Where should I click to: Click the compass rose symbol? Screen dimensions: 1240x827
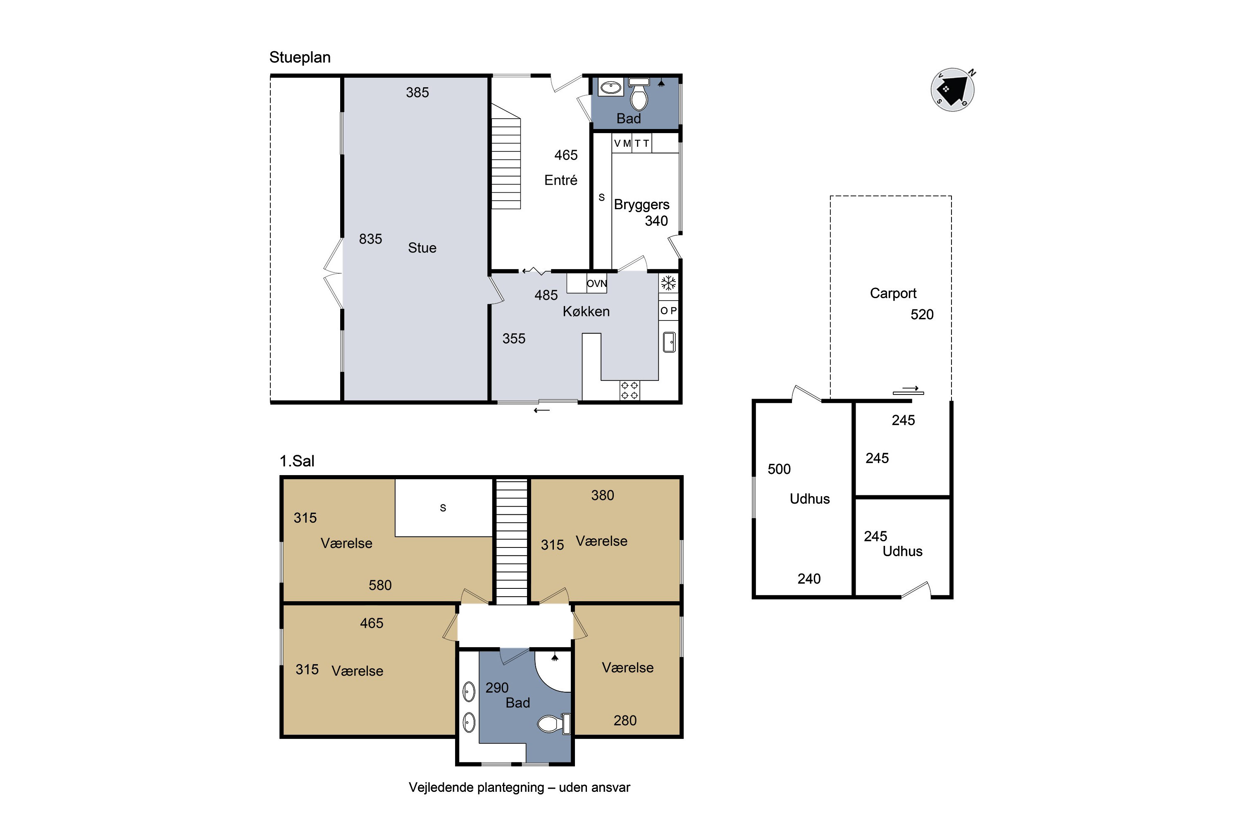(x=952, y=90)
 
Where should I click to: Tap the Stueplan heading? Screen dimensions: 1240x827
(x=300, y=57)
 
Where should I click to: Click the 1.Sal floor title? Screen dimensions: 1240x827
(x=297, y=461)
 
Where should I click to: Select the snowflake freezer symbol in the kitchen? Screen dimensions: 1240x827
(x=668, y=283)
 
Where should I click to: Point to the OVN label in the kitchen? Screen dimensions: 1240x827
(x=597, y=283)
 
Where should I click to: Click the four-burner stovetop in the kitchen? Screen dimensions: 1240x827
(x=630, y=390)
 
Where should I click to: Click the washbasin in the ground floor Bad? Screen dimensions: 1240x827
(x=611, y=86)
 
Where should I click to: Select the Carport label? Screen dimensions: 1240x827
(x=893, y=293)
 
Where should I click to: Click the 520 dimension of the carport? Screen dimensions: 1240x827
(x=922, y=314)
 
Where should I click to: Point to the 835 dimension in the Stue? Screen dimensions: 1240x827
(x=371, y=239)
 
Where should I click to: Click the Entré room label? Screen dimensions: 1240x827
(x=561, y=180)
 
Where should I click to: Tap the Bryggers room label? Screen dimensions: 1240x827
(x=641, y=205)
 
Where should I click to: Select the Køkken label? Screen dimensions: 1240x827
(x=586, y=311)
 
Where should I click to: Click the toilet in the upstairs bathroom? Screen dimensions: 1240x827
(x=553, y=723)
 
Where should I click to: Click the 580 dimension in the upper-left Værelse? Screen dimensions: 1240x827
(x=380, y=585)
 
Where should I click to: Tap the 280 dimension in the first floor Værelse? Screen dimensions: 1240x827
(x=625, y=720)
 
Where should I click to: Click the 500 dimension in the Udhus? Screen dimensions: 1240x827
(x=779, y=469)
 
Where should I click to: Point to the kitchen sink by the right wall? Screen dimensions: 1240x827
(x=669, y=342)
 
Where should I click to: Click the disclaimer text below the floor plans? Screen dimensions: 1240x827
(x=519, y=787)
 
